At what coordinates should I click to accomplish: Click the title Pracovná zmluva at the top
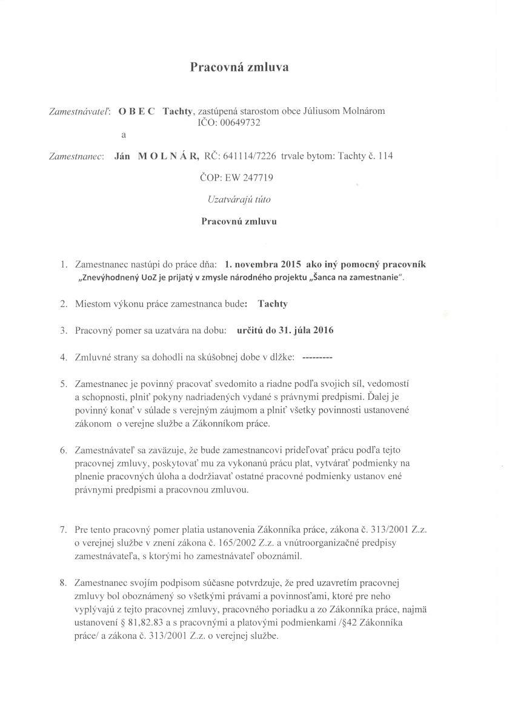tap(239, 67)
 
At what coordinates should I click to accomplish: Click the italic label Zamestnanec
tap(77, 156)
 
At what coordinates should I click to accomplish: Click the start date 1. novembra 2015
tap(262, 265)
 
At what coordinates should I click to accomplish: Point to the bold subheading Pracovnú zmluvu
tap(239, 221)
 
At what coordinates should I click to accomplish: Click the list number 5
tap(64, 384)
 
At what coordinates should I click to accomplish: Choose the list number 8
tap(64, 583)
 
